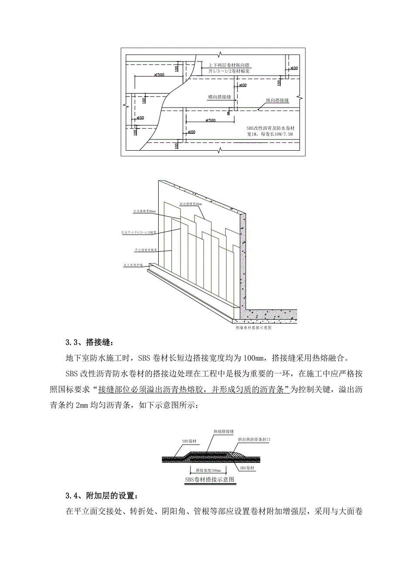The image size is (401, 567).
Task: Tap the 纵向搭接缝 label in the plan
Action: (277, 101)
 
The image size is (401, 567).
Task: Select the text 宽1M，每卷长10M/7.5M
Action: (267, 135)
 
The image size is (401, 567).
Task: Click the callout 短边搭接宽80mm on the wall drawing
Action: (190, 203)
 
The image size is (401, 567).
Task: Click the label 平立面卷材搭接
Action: (146, 251)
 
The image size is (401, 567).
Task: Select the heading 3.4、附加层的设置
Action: (101, 496)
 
